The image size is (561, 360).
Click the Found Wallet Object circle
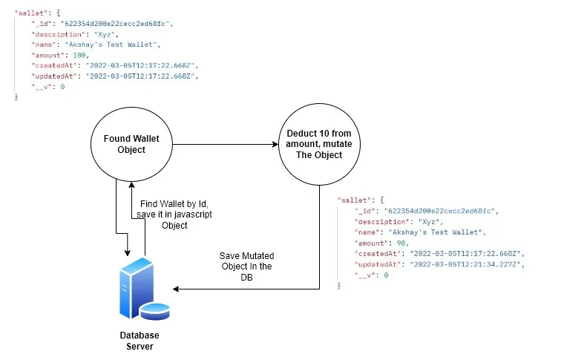click(131, 144)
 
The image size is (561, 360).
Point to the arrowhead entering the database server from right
click(177, 289)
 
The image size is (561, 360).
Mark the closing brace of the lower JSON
click(339, 286)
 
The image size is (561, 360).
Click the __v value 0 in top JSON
click(62, 87)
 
